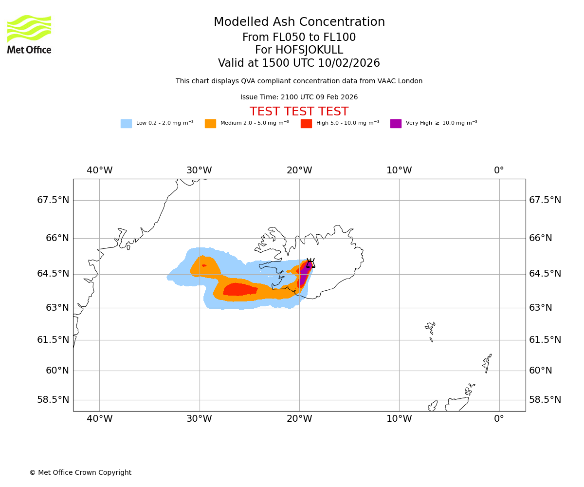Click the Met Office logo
point(29,34)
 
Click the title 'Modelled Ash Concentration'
point(299,22)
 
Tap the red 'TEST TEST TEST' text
point(299,112)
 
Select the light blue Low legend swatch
point(126,124)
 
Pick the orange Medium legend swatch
point(210,124)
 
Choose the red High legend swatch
point(306,124)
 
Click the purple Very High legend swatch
point(396,124)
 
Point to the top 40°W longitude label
point(99,170)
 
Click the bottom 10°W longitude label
point(399,418)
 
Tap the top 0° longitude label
point(499,170)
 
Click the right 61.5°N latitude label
point(545,340)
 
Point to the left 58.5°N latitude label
point(53,400)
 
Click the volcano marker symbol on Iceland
point(310,263)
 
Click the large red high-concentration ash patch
point(239,289)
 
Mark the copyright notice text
point(80,473)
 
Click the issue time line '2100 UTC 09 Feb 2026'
point(299,97)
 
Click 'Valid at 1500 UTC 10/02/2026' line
point(299,63)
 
